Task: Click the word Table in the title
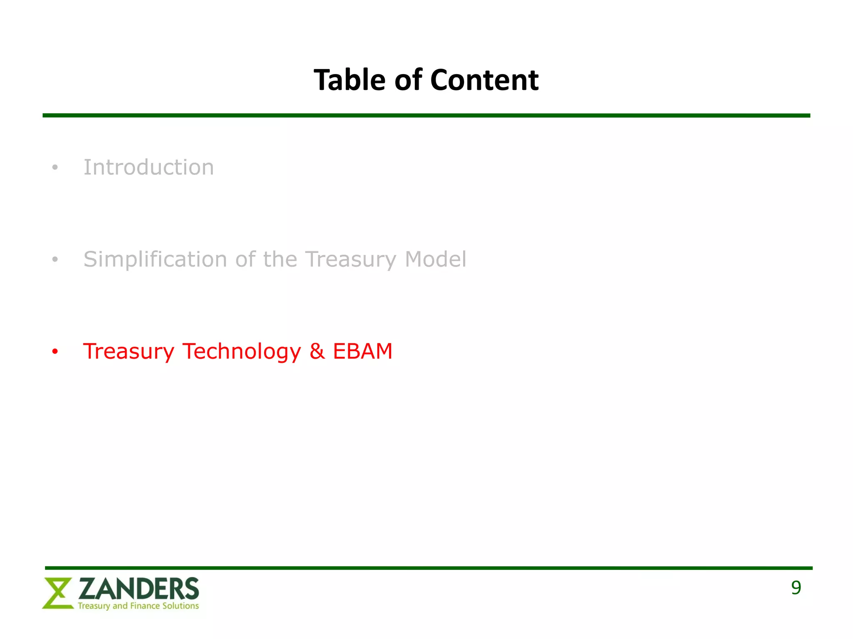349,80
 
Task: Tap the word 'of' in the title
408,80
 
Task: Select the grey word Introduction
149,167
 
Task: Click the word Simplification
155,259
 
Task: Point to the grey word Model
435,259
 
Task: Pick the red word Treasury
129,352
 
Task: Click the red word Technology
242,352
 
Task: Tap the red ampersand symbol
317,351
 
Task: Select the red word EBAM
362,351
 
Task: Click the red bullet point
55,352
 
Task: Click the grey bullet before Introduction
55,168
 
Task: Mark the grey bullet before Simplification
55,260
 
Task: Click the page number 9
796,588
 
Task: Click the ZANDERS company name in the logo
139,589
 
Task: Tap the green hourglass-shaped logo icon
57,593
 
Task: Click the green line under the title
426,116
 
